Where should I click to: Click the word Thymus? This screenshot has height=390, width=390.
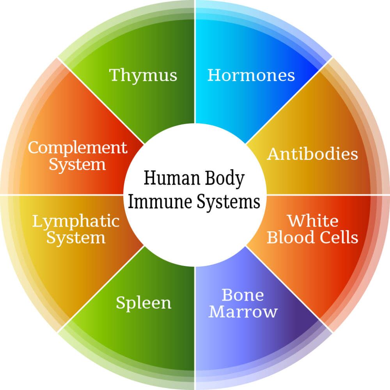click(143, 76)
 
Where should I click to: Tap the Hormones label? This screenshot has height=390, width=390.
click(251, 75)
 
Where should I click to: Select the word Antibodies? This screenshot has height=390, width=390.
click(312, 154)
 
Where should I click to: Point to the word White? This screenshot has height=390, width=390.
click(313, 221)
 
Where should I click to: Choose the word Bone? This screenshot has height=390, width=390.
click(243, 295)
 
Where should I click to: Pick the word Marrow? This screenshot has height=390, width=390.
click(243, 311)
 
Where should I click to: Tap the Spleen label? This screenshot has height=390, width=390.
click(144, 303)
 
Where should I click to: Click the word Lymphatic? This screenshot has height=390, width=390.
click(76, 222)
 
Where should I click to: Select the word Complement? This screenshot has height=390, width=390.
click(77, 148)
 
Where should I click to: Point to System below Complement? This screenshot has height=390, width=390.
click(77, 165)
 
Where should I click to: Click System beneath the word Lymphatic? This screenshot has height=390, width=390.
click(76, 238)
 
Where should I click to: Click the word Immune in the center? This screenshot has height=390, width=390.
click(160, 202)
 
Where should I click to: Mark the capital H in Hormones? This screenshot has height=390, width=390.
click(214, 75)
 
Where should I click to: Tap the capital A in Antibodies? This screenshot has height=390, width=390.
click(275, 154)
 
